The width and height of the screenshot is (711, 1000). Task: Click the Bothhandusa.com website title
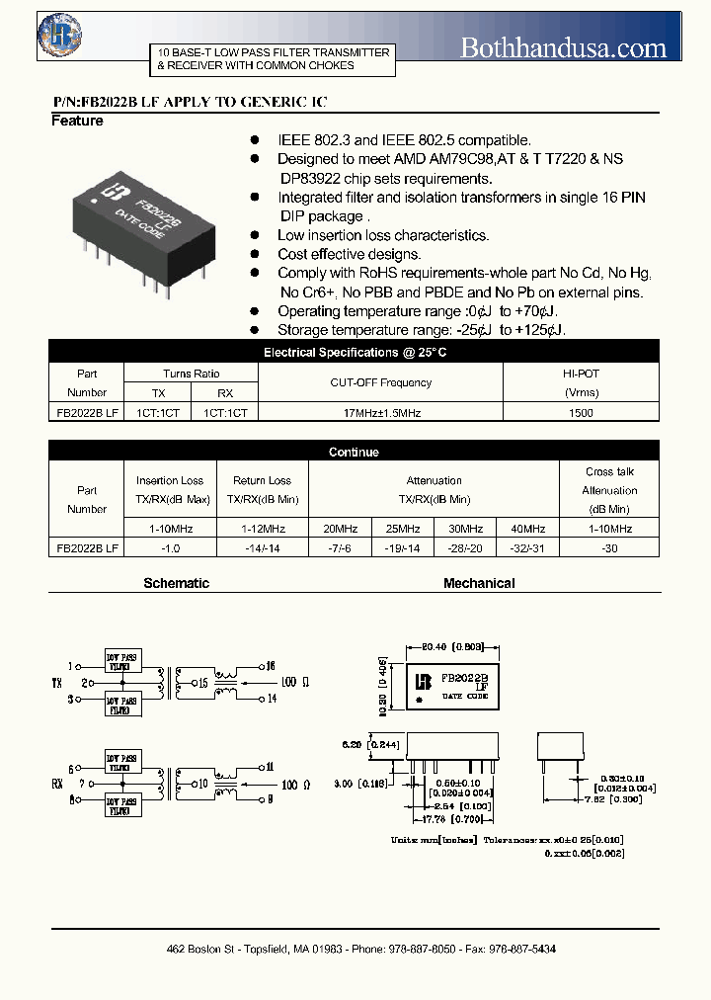tap(564, 46)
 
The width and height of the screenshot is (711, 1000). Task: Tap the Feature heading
tap(77, 121)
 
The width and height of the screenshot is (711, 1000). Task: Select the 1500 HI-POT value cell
tap(582, 413)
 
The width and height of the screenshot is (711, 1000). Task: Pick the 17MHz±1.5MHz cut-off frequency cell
tap(381, 413)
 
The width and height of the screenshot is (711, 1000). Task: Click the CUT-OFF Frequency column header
tap(381, 382)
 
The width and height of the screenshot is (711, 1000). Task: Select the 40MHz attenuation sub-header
tap(528, 528)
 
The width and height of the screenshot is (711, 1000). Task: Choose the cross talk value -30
tap(609, 546)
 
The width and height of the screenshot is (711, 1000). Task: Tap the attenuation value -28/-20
tap(466, 546)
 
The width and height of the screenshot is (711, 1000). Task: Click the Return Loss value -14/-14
tap(262, 546)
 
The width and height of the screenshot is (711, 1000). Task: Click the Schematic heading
tap(177, 583)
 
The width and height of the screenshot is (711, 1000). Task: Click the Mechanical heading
tap(479, 583)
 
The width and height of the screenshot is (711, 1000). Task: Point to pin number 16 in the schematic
tap(272, 665)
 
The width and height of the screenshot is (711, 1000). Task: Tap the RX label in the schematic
tap(57, 783)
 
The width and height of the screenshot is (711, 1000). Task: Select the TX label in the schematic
tap(57, 682)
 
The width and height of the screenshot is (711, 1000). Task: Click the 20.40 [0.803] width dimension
tap(454, 646)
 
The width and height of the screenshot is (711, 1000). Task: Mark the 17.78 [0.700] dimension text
tap(454, 818)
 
